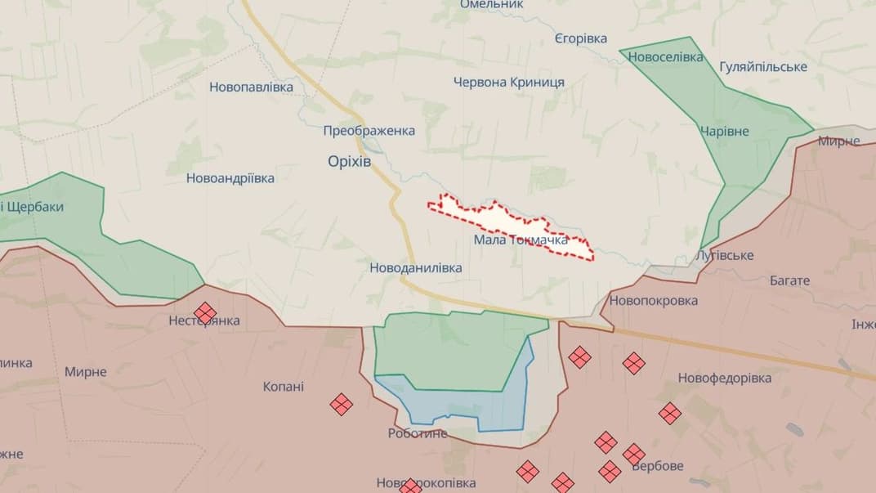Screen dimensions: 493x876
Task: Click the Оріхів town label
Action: point(349,162)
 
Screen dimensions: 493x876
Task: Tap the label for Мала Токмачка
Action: point(521,240)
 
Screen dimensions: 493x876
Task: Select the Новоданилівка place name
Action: point(415,267)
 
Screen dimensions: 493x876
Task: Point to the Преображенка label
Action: point(369,131)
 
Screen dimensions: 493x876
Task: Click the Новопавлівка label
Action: point(251,87)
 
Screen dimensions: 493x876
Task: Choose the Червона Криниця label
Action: point(508,83)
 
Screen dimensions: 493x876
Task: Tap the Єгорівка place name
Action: point(580,39)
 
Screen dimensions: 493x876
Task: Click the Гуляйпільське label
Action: point(763,66)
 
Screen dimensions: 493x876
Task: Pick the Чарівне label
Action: point(724,131)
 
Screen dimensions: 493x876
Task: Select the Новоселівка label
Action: point(665,57)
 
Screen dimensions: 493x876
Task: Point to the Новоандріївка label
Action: point(230,177)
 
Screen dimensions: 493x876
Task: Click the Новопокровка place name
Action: point(653,300)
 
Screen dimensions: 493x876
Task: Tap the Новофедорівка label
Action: point(724,378)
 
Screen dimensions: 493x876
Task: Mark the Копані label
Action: point(284,386)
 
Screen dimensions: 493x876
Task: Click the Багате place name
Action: point(789,280)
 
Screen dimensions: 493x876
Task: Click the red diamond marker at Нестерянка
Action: point(204,312)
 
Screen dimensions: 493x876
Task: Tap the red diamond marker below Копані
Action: point(341,404)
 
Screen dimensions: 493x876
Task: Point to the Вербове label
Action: point(659,467)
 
